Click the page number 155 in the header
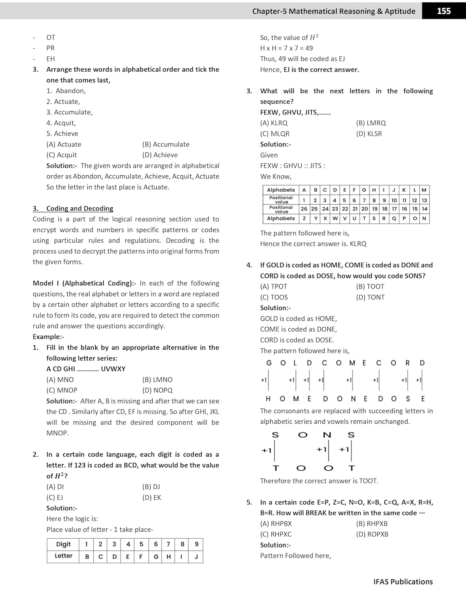[x=443, y=11]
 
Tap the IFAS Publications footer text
[x=403, y=582]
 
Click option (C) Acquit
[x=62, y=155]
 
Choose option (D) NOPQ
[x=157, y=390]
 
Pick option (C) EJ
[x=55, y=497]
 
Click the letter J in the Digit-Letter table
[x=196, y=556]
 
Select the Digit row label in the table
[x=63, y=544]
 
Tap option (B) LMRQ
[x=371, y=123]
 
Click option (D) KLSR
[x=369, y=133]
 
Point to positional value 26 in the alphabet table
[x=304, y=209]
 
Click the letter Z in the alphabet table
[x=304, y=219]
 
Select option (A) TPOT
[x=274, y=287]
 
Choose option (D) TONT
[x=370, y=297]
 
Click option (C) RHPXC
[x=276, y=534]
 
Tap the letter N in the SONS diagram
[x=327, y=435]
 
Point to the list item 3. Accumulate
[x=69, y=112]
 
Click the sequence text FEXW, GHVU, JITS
[x=295, y=112]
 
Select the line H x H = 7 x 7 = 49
[x=286, y=48]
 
